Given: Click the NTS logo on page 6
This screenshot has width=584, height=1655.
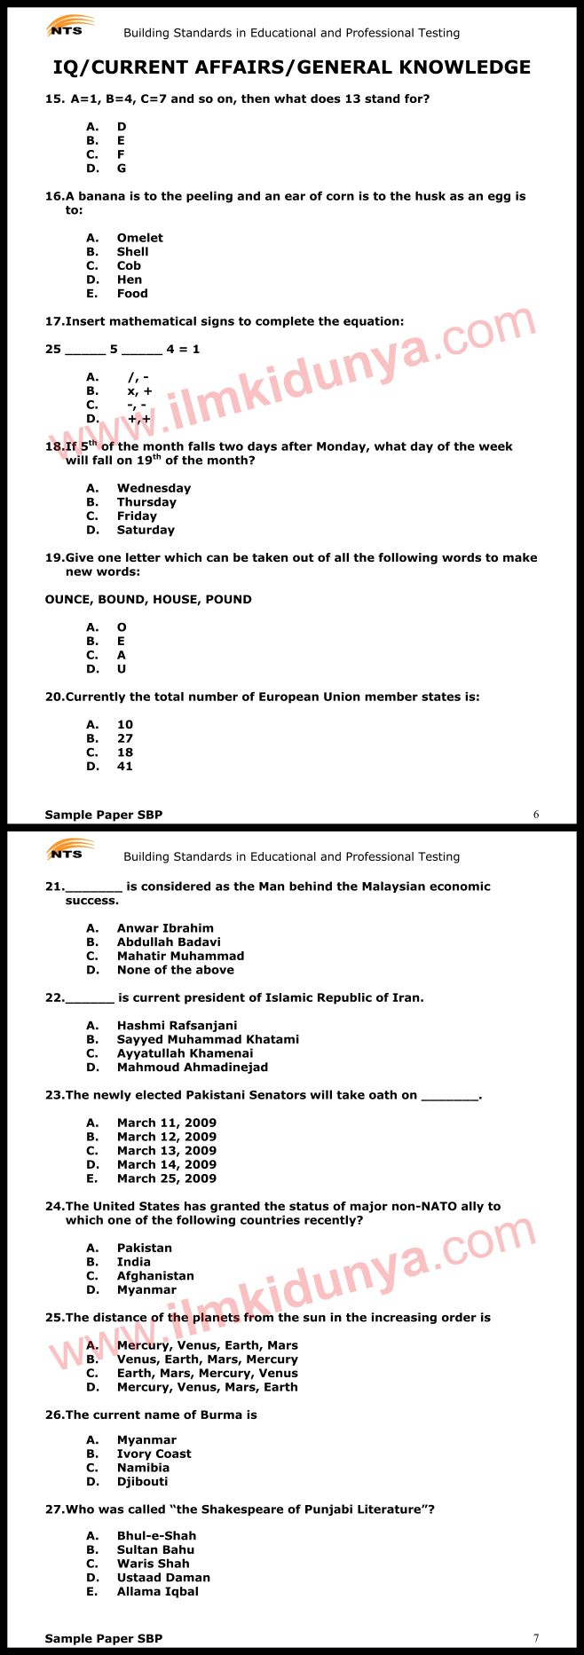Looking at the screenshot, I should click(67, 28).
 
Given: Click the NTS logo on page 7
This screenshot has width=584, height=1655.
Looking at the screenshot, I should click(67, 852).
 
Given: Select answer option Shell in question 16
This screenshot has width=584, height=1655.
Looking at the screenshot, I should click(132, 252).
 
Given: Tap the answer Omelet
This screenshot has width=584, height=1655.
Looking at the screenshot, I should click(139, 238).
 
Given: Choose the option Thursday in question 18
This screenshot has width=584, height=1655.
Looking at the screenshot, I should click(146, 502).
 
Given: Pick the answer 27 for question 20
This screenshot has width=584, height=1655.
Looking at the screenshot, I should click(125, 738).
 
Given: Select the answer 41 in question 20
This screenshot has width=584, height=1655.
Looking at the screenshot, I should click(125, 767).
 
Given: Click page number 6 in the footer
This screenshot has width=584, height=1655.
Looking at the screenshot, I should click(536, 815).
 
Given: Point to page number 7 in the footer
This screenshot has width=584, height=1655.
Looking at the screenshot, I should click(536, 1638).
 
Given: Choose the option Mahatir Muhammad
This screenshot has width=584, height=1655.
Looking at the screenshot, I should click(180, 957).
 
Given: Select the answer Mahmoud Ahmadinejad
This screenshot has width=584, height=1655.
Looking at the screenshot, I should click(192, 1068).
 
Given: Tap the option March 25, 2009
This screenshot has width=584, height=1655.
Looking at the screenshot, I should click(166, 1178).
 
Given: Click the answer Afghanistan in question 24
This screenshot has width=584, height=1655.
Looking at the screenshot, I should click(155, 1276).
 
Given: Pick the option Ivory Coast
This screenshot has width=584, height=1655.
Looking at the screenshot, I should click(154, 1454).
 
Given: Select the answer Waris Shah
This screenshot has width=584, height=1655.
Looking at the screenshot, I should click(153, 1564).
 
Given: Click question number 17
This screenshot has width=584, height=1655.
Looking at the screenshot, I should click(54, 321).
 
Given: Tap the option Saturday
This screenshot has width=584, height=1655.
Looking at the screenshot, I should click(146, 530).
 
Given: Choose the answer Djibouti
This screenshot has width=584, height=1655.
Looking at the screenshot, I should click(142, 1481).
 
